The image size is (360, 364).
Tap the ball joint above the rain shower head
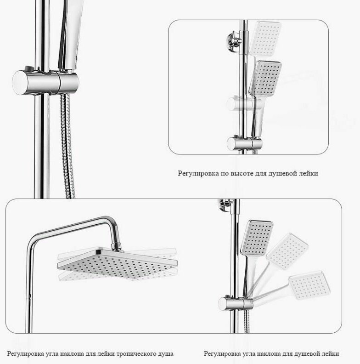tap(117, 246)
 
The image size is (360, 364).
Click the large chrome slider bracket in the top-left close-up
tap(45, 82)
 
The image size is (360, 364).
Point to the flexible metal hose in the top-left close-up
tap(67, 146)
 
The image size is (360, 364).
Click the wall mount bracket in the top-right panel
tap(234, 40)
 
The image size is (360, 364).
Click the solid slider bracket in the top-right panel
tap(245, 143)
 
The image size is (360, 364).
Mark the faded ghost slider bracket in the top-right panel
tap(244, 103)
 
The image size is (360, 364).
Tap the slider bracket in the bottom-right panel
tap(236, 303)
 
